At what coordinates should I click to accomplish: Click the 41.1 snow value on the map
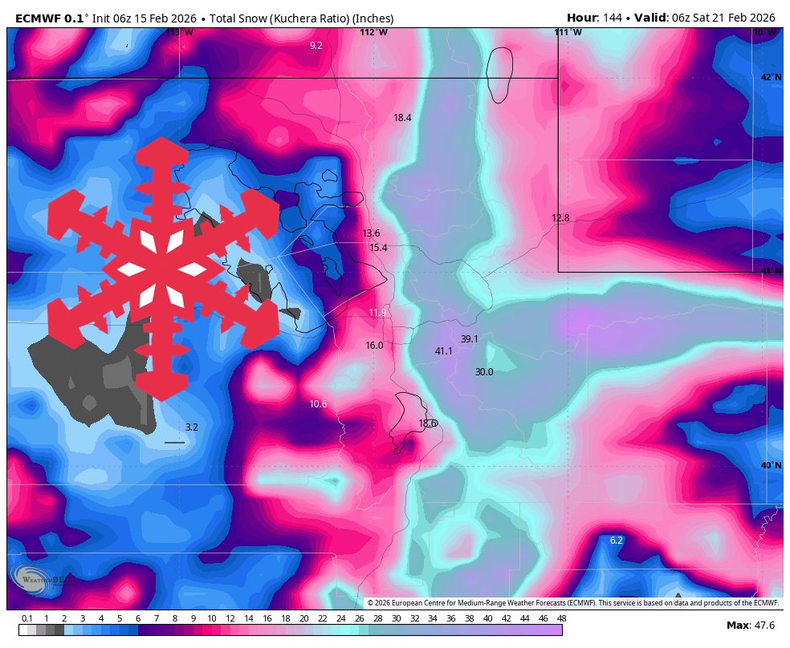tap(443, 351)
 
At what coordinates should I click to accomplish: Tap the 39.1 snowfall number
tap(469, 339)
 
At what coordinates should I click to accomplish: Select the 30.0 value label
tap(483, 372)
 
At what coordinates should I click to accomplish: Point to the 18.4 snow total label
tap(402, 118)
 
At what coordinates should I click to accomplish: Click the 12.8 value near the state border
tap(560, 218)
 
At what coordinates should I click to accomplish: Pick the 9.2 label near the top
tap(316, 46)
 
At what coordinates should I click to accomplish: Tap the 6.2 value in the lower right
tap(616, 541)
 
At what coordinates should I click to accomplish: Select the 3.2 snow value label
tap(191, 427)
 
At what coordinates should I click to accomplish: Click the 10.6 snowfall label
tap(318, 404)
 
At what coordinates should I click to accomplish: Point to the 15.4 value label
tap(378, 248)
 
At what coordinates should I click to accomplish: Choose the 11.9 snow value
tap(377, 313)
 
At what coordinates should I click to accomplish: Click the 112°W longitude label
tap(373, 33)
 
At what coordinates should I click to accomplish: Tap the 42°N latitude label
tap(770, 77)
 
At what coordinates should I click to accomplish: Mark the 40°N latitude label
tap(770, 466)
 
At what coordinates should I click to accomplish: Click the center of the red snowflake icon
tap(163, 269)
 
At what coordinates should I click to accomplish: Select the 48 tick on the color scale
tap(561, 618)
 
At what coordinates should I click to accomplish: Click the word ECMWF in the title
tap(39, 18)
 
